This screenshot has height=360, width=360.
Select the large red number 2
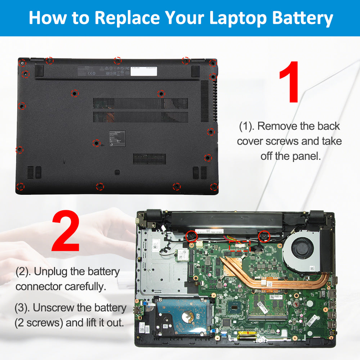click(66, 231)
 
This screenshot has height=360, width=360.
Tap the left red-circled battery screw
click(191, 236)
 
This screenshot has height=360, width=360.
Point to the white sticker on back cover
click(144, 71)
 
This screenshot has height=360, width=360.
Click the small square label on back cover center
click(117, 139)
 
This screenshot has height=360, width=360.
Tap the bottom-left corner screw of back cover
click(21, 186)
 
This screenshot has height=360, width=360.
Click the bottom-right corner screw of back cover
click(213, 187)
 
